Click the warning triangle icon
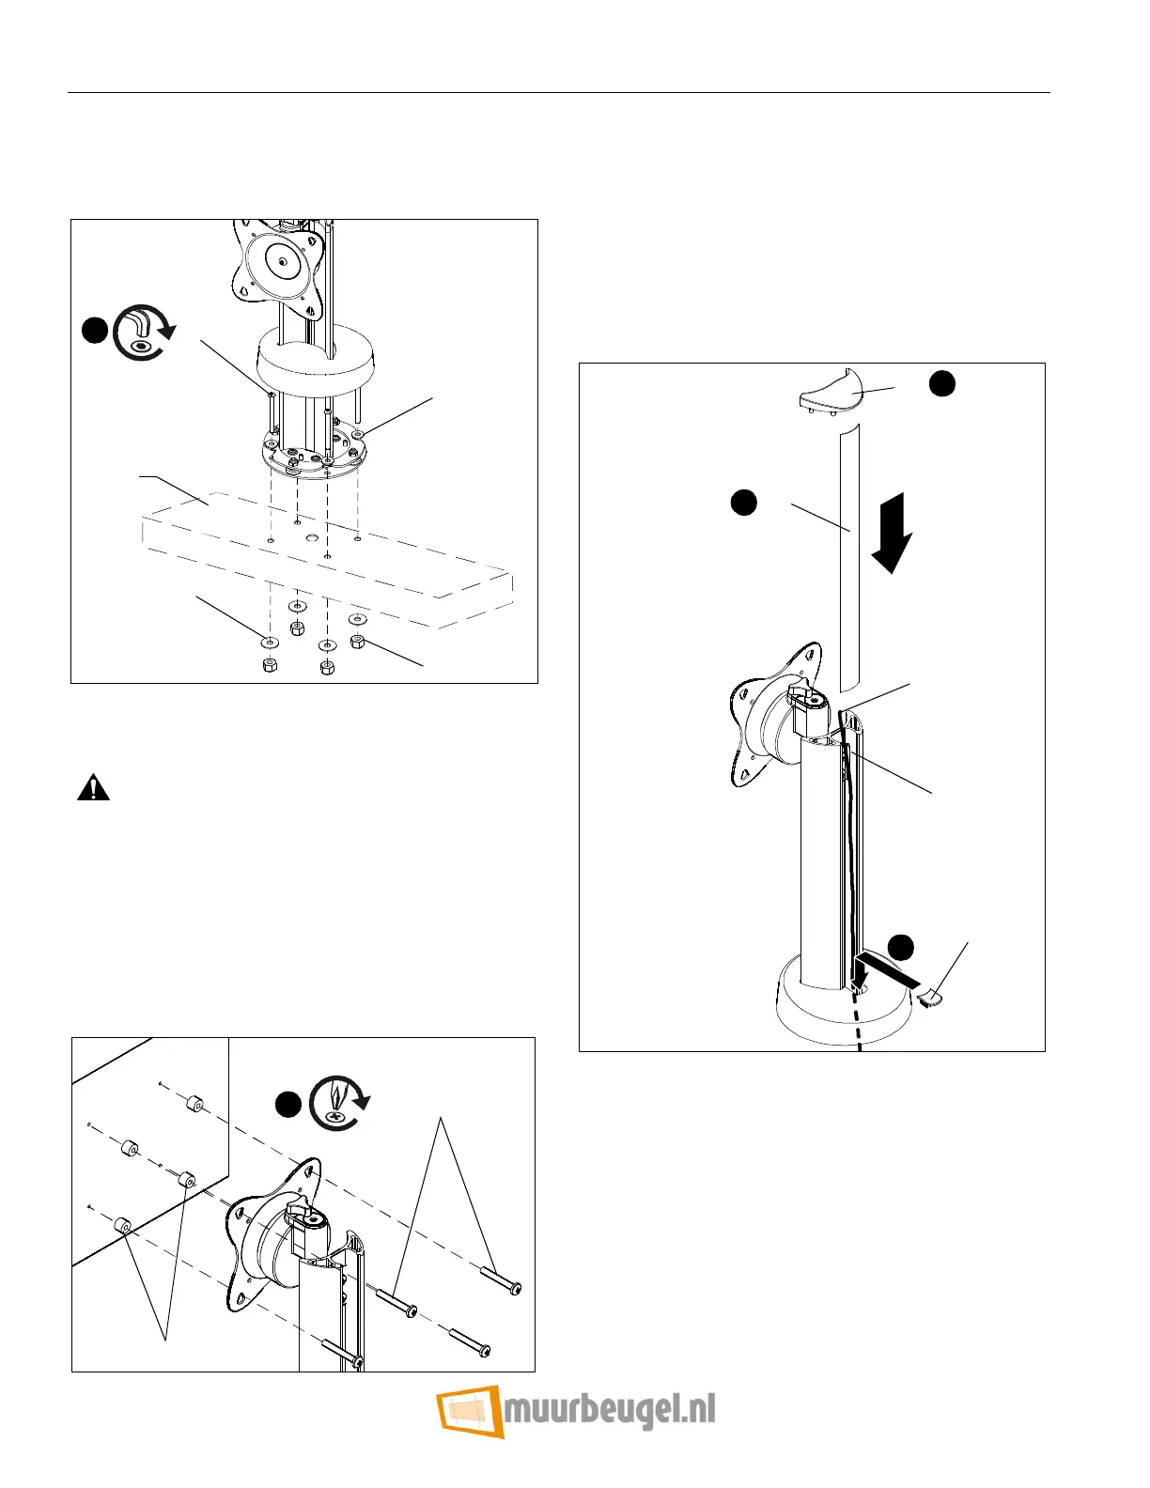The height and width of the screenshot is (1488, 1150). pyautogui.click(x=93, y=787)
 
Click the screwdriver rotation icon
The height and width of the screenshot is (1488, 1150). pyautogui.click(x=338, y=1103)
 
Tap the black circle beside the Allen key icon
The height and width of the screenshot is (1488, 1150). pyautogui.click(x=93, y=332)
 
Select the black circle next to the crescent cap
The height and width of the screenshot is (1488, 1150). pyautogui.click(x=942, y=383)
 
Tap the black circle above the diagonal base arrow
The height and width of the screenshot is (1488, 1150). pyautogui.click(x=902, y=947)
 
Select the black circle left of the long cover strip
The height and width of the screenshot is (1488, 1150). pyautogui.click(x=743, y=503)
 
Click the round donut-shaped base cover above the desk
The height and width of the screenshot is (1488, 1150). pyautogui.click(x=315, y=361)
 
